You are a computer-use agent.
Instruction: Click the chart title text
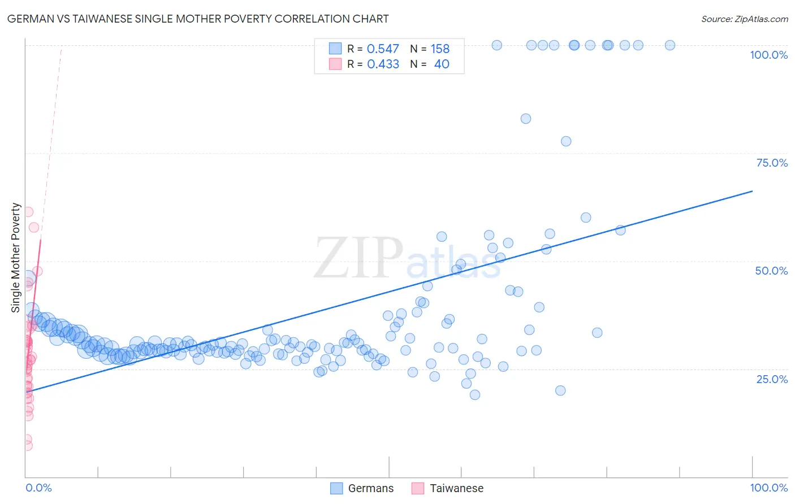click(198, 19)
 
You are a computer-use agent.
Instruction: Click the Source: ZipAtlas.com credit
click(744, 19)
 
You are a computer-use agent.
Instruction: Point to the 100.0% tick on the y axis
click(768, 55)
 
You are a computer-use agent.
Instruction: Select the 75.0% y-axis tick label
click(772, 163)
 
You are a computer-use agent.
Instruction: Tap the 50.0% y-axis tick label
click(771, 271)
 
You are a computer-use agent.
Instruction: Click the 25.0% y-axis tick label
click(772, 379)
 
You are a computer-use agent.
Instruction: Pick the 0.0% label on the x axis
click(38, 488)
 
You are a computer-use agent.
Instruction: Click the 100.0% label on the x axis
click(768, 488)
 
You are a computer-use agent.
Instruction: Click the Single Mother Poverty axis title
click(16, 258)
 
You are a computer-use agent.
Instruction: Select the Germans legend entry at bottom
click(362, 488)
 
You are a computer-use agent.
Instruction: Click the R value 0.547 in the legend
click(383, 49)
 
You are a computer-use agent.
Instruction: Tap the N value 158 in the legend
click(440, 49)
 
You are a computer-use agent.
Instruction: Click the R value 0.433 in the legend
click(383, 64)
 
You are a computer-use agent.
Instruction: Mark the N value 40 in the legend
click(442, 64)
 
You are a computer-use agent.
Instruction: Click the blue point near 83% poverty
click(526, 119)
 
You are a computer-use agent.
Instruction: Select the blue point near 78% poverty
click(566, 141)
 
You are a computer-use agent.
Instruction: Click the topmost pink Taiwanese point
click(28, 212)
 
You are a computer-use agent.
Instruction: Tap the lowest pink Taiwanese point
click(27, 446)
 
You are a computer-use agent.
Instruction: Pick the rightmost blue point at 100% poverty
click(670, 45)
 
